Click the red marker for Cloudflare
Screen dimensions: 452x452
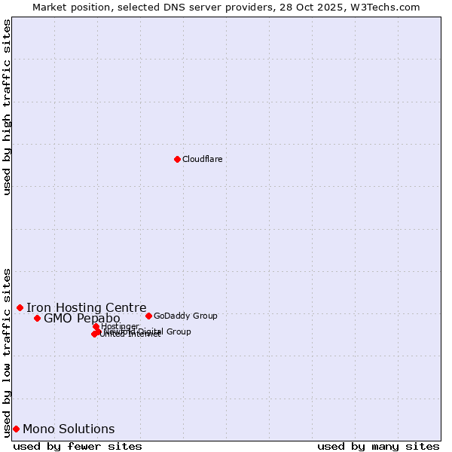click(177, 159)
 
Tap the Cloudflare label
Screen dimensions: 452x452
click(202, 159)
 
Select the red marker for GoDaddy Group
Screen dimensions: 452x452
click(148, 316)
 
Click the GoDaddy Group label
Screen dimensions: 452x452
click(185, 316)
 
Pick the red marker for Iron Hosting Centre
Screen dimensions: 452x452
click(20, 307)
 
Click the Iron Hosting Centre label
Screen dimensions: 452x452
click(86, 307)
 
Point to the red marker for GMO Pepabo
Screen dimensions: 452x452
click(37, 318)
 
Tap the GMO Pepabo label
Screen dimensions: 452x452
click(81, 319)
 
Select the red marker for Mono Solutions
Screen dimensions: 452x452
click(16, 429)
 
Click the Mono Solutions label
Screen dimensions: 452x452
click(69, 429)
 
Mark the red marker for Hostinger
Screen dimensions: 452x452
click(96, 326)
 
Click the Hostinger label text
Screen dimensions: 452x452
click(121, 326)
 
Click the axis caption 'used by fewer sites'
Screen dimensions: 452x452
click(78, 446)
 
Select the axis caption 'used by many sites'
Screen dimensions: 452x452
click(378, 446)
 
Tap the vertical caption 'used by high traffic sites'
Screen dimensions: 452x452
click(8, 107)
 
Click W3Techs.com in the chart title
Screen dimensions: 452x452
click(388, 7)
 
